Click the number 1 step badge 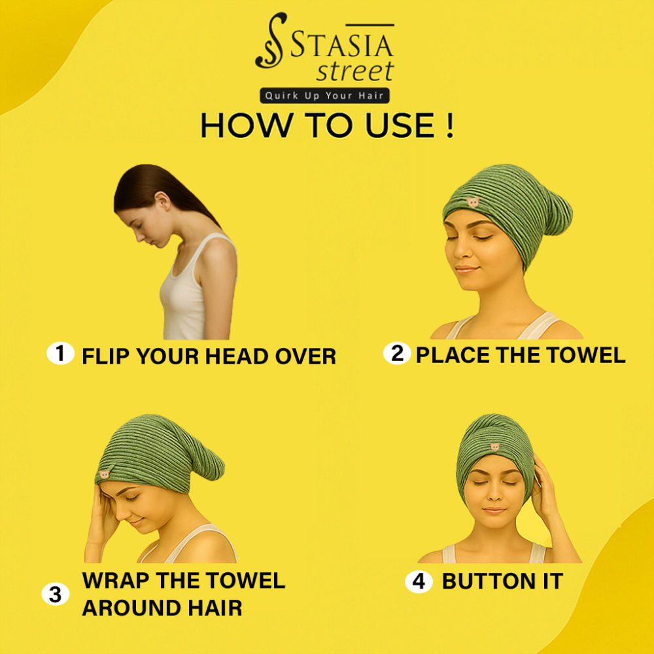[60, 353]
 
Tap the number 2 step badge [397, 353]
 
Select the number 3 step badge [56, 594]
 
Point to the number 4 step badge [419, 581]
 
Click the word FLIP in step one [106, 356]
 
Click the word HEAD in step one [237, 356]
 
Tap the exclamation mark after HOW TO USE [449, 125]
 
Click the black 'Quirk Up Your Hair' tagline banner [324, 95]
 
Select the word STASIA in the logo [341, 45]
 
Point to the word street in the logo [355, 71]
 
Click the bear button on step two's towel [473, 202]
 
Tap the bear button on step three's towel [104, 474]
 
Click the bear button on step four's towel [494, 447]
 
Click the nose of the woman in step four [494, 495]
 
